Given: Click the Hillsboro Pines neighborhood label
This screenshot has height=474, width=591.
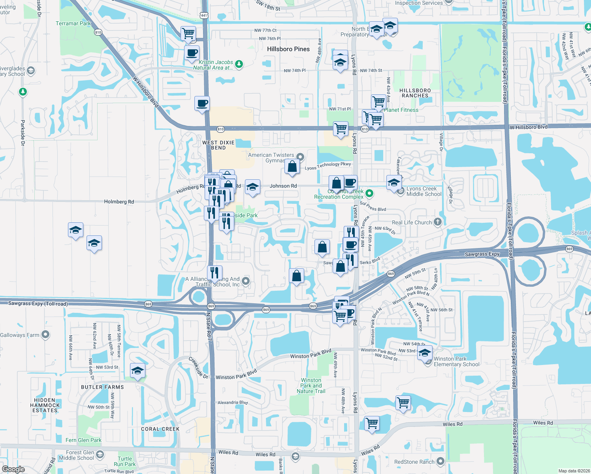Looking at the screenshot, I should tap(288, 49).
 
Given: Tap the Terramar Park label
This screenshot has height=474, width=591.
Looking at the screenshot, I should tap(73, 23).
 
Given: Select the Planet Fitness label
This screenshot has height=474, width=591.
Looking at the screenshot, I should tap(401, 110).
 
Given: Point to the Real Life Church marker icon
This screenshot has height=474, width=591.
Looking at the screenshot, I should tap(437, 222).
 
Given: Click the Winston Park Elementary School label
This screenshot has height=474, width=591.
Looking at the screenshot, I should tap(456, 362).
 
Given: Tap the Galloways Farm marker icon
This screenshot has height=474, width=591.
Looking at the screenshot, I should tap(45, 335).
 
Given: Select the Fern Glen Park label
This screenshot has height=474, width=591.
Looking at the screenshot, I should tap(83, 440).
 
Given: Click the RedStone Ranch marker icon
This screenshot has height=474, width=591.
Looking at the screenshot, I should tap(440, 461).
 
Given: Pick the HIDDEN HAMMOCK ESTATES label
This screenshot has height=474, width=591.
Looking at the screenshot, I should tap(45, 405).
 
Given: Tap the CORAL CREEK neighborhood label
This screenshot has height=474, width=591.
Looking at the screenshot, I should tap(160, 429).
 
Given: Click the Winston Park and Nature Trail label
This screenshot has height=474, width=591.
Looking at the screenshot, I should tap(311, 386).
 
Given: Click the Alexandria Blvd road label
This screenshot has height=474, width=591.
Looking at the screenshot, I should tap(233, 403).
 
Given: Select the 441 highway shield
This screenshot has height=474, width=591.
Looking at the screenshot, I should tap(204, 16).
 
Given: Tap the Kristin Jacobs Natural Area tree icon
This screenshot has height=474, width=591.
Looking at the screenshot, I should tap(239, 64).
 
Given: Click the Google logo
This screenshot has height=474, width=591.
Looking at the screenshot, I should tap(13, 469).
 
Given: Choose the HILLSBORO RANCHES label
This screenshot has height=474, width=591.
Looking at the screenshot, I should tap(415, 93).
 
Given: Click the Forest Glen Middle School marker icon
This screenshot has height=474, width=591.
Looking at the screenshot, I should tap(100, 454).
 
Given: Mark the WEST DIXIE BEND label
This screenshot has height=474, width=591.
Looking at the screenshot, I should tap(218, 145).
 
